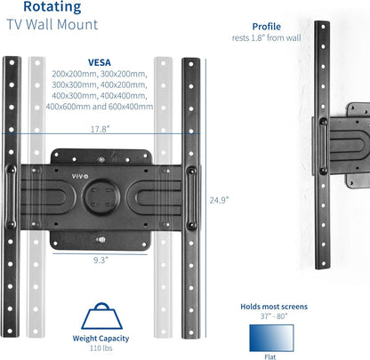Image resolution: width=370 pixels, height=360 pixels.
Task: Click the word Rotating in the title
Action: pyautogui.click(x=52, y=7)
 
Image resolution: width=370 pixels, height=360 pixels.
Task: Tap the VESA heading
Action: pyautogui.click(x=100, y=62)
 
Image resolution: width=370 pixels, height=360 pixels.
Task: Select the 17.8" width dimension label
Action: pyautogui.click(x=100, y=129)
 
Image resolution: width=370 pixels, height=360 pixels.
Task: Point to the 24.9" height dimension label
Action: pyautogui.click(x=219, y=200)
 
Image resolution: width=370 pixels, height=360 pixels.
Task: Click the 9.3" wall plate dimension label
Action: pyautogui.click(x=101, y=260)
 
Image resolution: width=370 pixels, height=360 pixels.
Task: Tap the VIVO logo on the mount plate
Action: pyautogui.click(x=80, y=176)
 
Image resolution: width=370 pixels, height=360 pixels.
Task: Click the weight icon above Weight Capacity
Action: pyautogui.click(x=101, y=316)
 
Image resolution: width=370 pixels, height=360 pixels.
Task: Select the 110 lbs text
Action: pyautogui.click(x=101, y=348)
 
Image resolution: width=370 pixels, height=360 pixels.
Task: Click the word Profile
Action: pyautogui.click(x=267, y=27)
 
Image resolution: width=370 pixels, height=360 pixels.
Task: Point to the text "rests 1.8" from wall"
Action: pyautogui.click(x=266, y=38)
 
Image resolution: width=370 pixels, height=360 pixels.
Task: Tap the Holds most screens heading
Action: pyautogui.click(x=274, y=307)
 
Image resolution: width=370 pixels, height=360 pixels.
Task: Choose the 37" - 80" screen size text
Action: pyautogui.click(x=274, y=316)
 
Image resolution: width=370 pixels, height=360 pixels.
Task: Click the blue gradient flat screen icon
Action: pyautogui.click(x=271, y=338)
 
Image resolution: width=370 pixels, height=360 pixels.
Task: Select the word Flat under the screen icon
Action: pyautogui.click(x=270, y=356)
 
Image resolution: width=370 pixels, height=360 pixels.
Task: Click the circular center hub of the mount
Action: pyautogui.click(x=101, y=196)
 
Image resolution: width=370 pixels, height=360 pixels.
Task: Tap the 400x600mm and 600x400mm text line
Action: pyautogui.click(x=100, y=107)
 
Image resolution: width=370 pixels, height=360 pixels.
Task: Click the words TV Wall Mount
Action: pyautogui.click(x=52, y=24)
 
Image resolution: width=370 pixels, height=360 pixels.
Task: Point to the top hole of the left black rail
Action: pyautogui.click(x=12, y=62)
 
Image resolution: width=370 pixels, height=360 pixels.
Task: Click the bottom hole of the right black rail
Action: pyautogui.click(x=191, y=332)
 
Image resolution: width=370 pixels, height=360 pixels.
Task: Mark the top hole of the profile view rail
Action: pyautogui.click(x=323, y=27)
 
